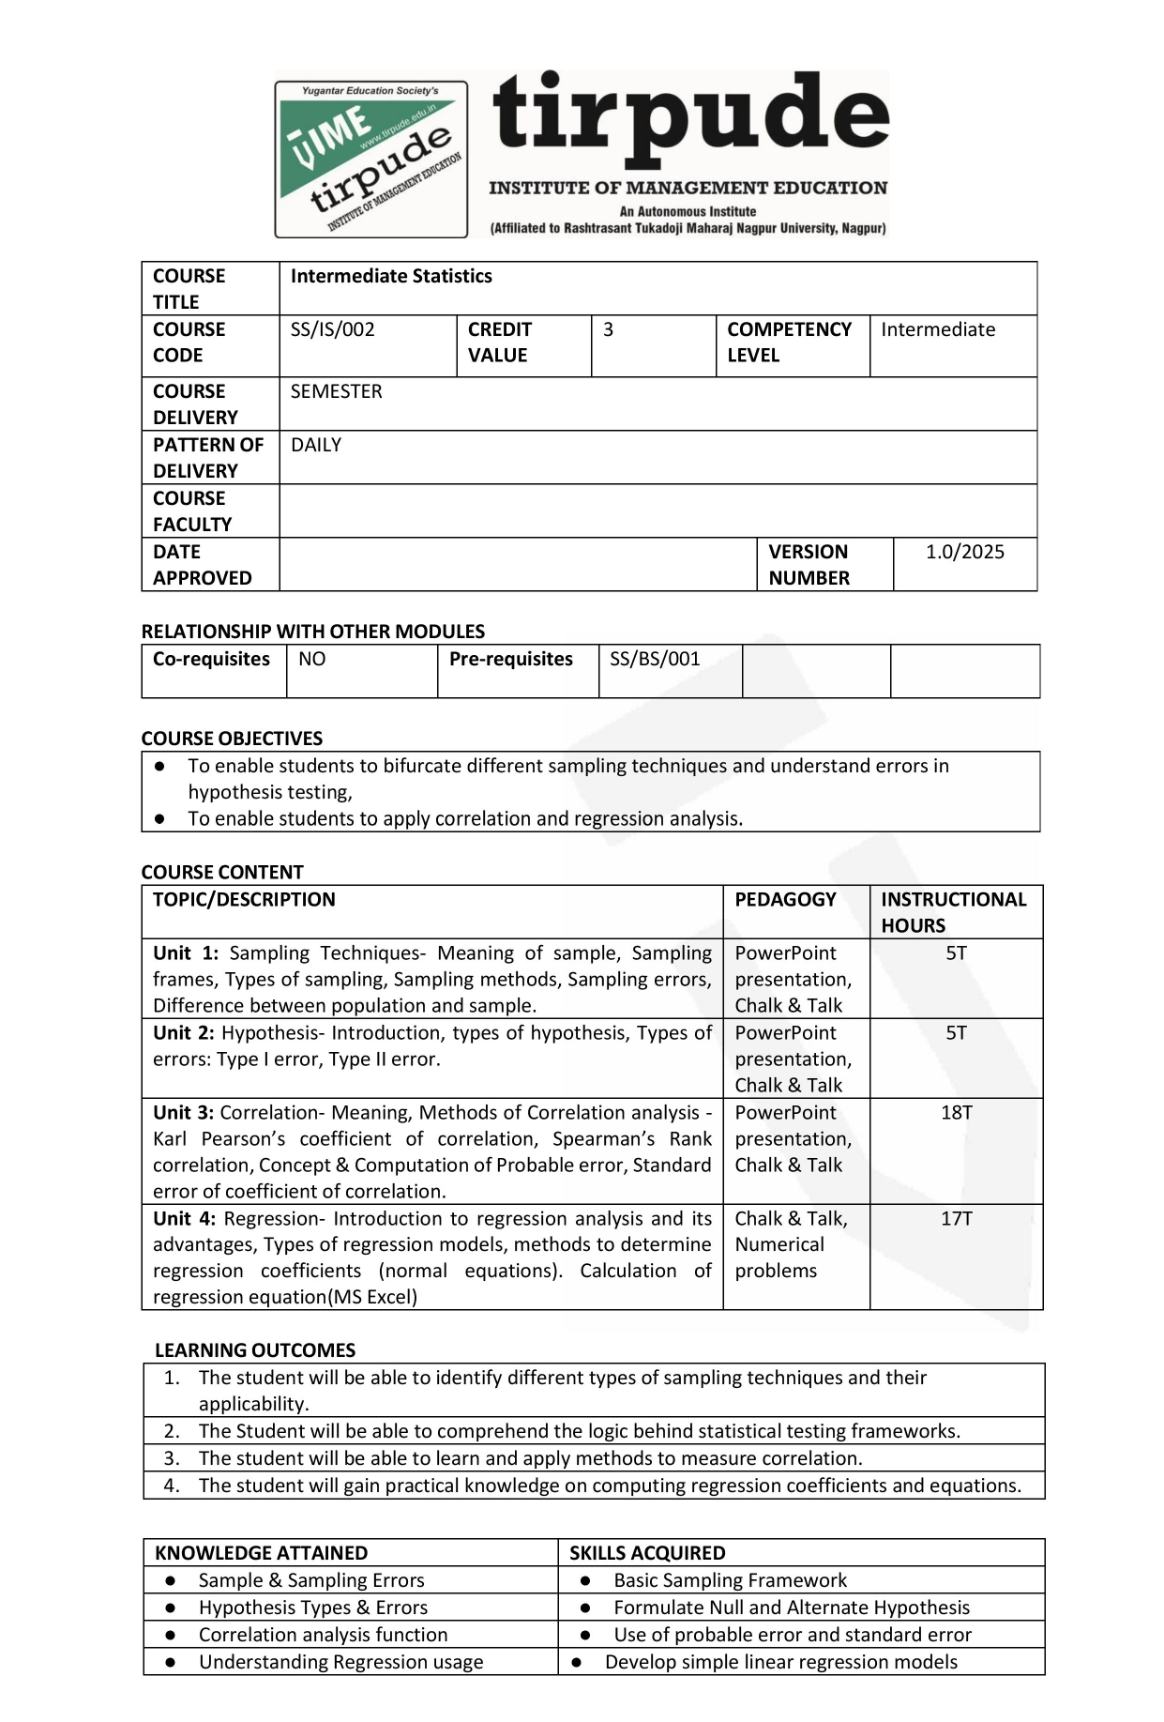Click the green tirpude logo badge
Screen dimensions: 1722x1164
tap(370, 159)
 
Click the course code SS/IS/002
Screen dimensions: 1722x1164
tap(332, 329)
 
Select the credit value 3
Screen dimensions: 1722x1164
tap(608, 329)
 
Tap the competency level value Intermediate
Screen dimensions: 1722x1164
tap(937, 329)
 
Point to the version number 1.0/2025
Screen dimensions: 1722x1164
tap(964, 552)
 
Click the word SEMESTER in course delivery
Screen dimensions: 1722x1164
tap(336, 391)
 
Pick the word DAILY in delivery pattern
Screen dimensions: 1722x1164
tap(316, 445)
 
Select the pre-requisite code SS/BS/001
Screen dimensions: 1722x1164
tap(655, 659)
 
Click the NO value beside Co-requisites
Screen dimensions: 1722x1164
tap(311, 659)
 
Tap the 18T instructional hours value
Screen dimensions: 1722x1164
tap(956, 1112)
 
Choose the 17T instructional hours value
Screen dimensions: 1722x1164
tap(956, 1218)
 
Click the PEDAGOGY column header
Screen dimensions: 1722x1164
tap(785, 899)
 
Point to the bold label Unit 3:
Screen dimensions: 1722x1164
tap(183, 1112)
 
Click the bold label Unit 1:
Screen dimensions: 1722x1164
tap(185, 952)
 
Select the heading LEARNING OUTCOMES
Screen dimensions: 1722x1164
tap(255, 1349)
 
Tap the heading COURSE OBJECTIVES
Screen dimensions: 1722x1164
tap(232, 738)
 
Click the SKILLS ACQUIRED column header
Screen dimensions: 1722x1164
tap(647, 1552)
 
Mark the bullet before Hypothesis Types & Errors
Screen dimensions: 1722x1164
tap(170, 1608)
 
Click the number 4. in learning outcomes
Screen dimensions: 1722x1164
tap(172, 1485)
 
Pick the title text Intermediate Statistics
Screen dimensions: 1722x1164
tap(391, 276)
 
